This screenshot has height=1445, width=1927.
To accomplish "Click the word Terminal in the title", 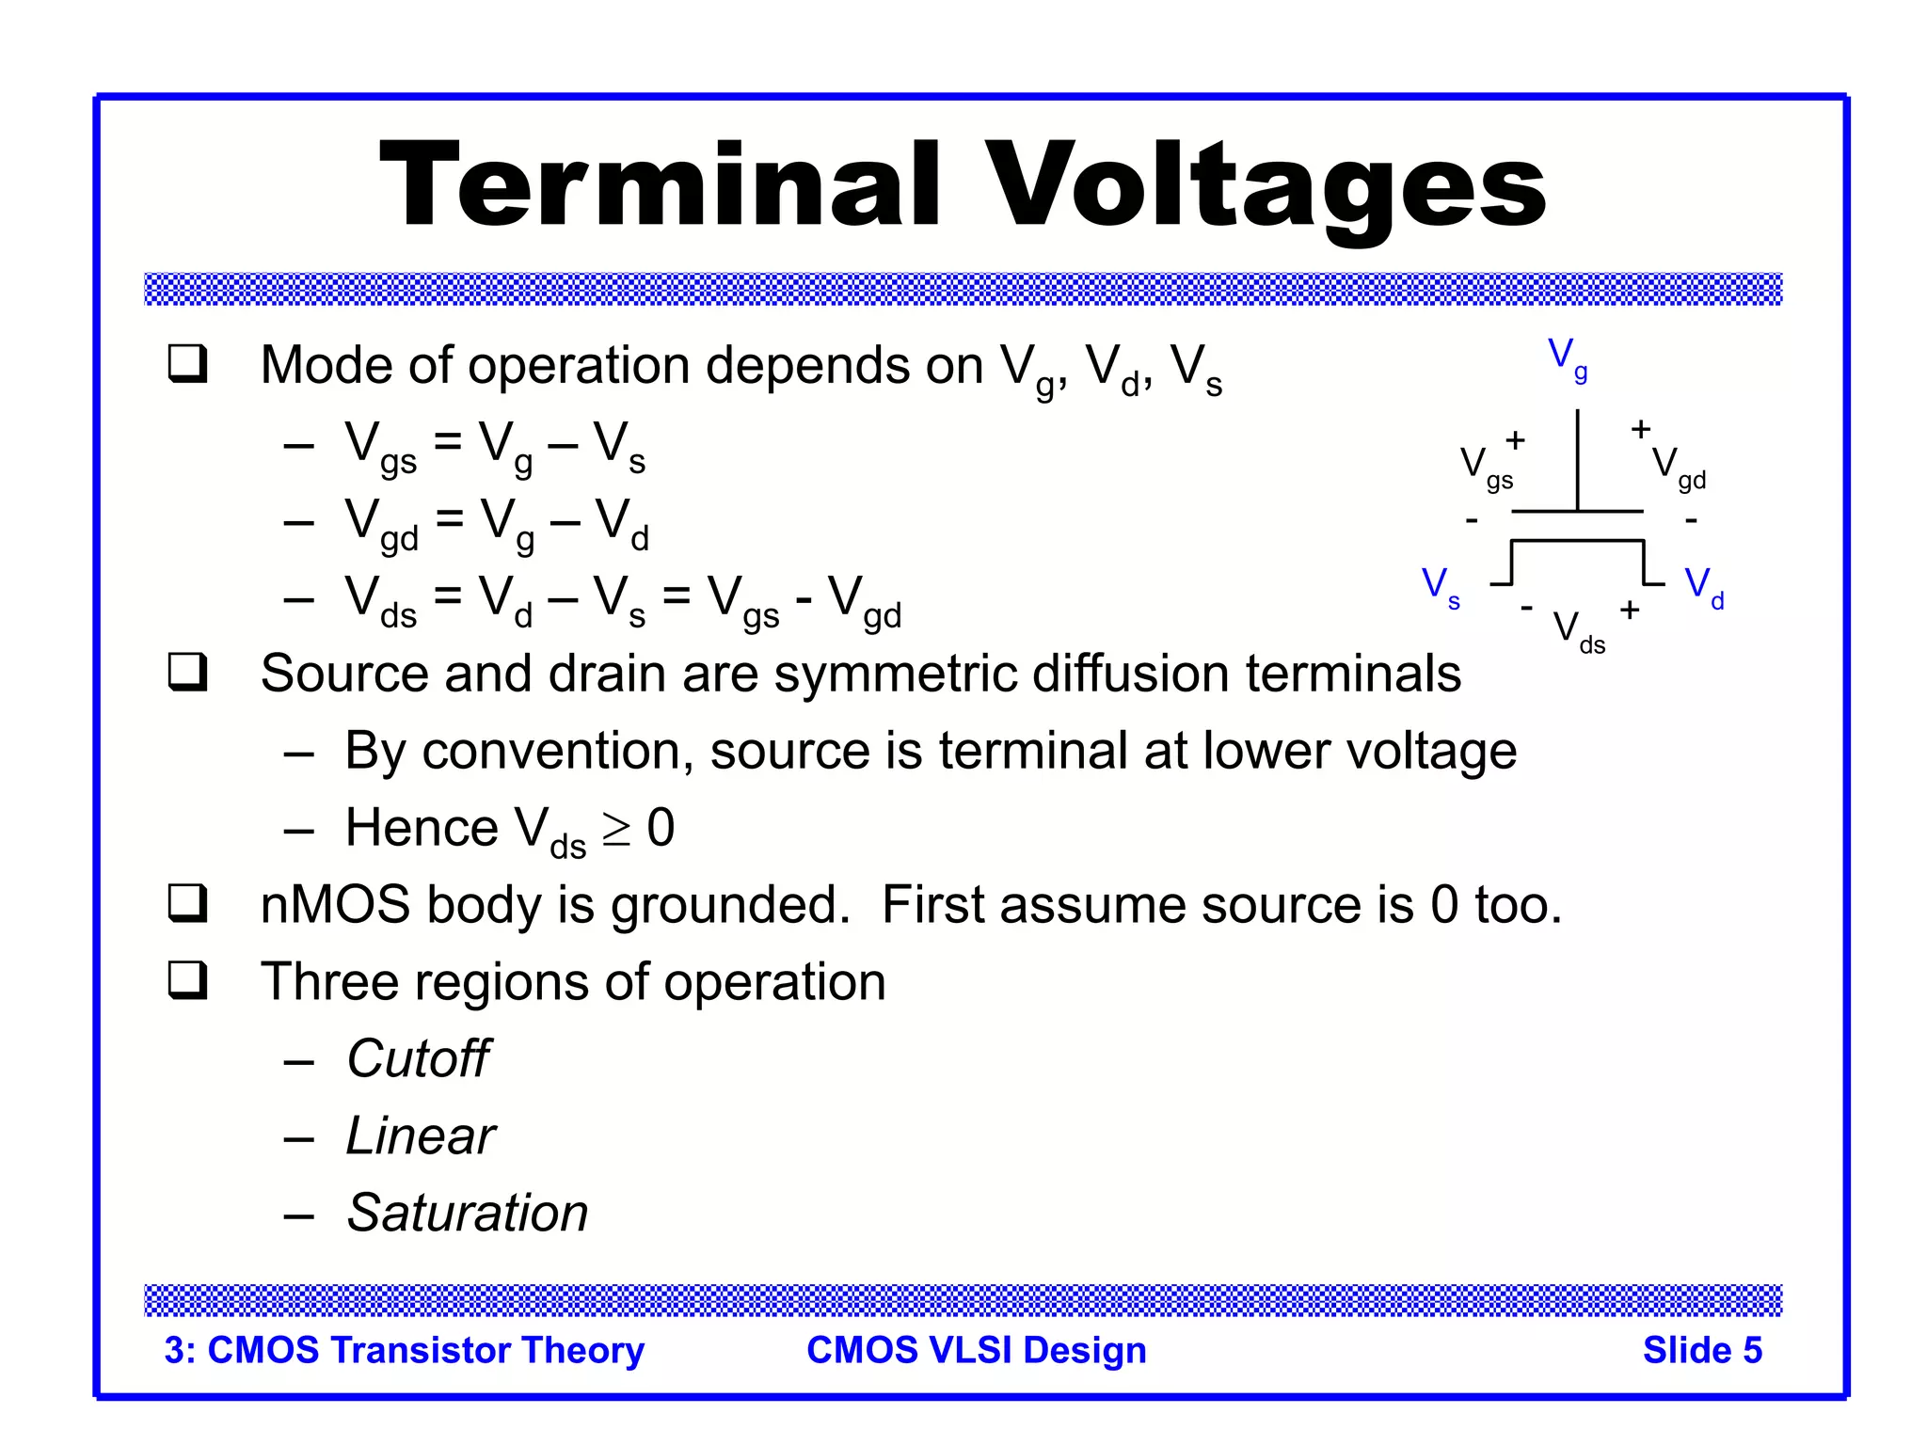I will point(660,185).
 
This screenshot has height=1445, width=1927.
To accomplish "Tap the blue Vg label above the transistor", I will point(1567,358).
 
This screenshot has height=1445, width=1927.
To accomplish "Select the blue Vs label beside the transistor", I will point(1440,588).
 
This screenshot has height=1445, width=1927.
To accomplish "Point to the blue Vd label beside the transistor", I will point(1703,588).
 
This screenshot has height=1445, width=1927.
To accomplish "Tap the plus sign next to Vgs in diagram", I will point(1515,439).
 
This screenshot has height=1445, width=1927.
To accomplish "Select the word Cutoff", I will point(418,1059).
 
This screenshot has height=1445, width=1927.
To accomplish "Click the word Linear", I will point(420,1136).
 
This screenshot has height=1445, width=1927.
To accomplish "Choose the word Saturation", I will point(467,1214).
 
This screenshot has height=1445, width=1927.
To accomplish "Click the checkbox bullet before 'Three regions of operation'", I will point(187,981).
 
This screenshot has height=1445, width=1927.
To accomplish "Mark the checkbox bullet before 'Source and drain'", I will point(187,673).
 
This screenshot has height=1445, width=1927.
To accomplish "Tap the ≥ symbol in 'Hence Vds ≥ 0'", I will point(616,829).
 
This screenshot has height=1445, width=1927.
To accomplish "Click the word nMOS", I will point(335,905).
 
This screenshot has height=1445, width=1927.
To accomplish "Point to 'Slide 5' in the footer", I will point(1701,1350).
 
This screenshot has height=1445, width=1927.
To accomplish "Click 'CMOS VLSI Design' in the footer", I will point(976,1350).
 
